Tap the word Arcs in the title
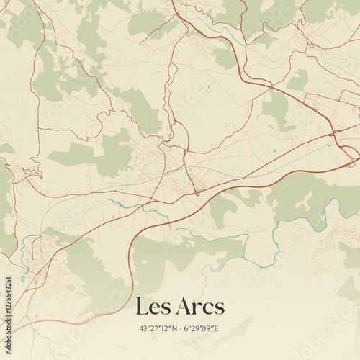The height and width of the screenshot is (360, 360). tap(199, 307)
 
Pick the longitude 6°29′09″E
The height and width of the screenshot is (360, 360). tap(202, 328)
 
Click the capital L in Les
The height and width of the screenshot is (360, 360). tap(141, 307)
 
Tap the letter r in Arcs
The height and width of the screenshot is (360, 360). tap(198, 310)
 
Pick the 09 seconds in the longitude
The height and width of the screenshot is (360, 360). tap(207, 328)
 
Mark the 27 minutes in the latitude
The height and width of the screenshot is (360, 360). tap(154, 328)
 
